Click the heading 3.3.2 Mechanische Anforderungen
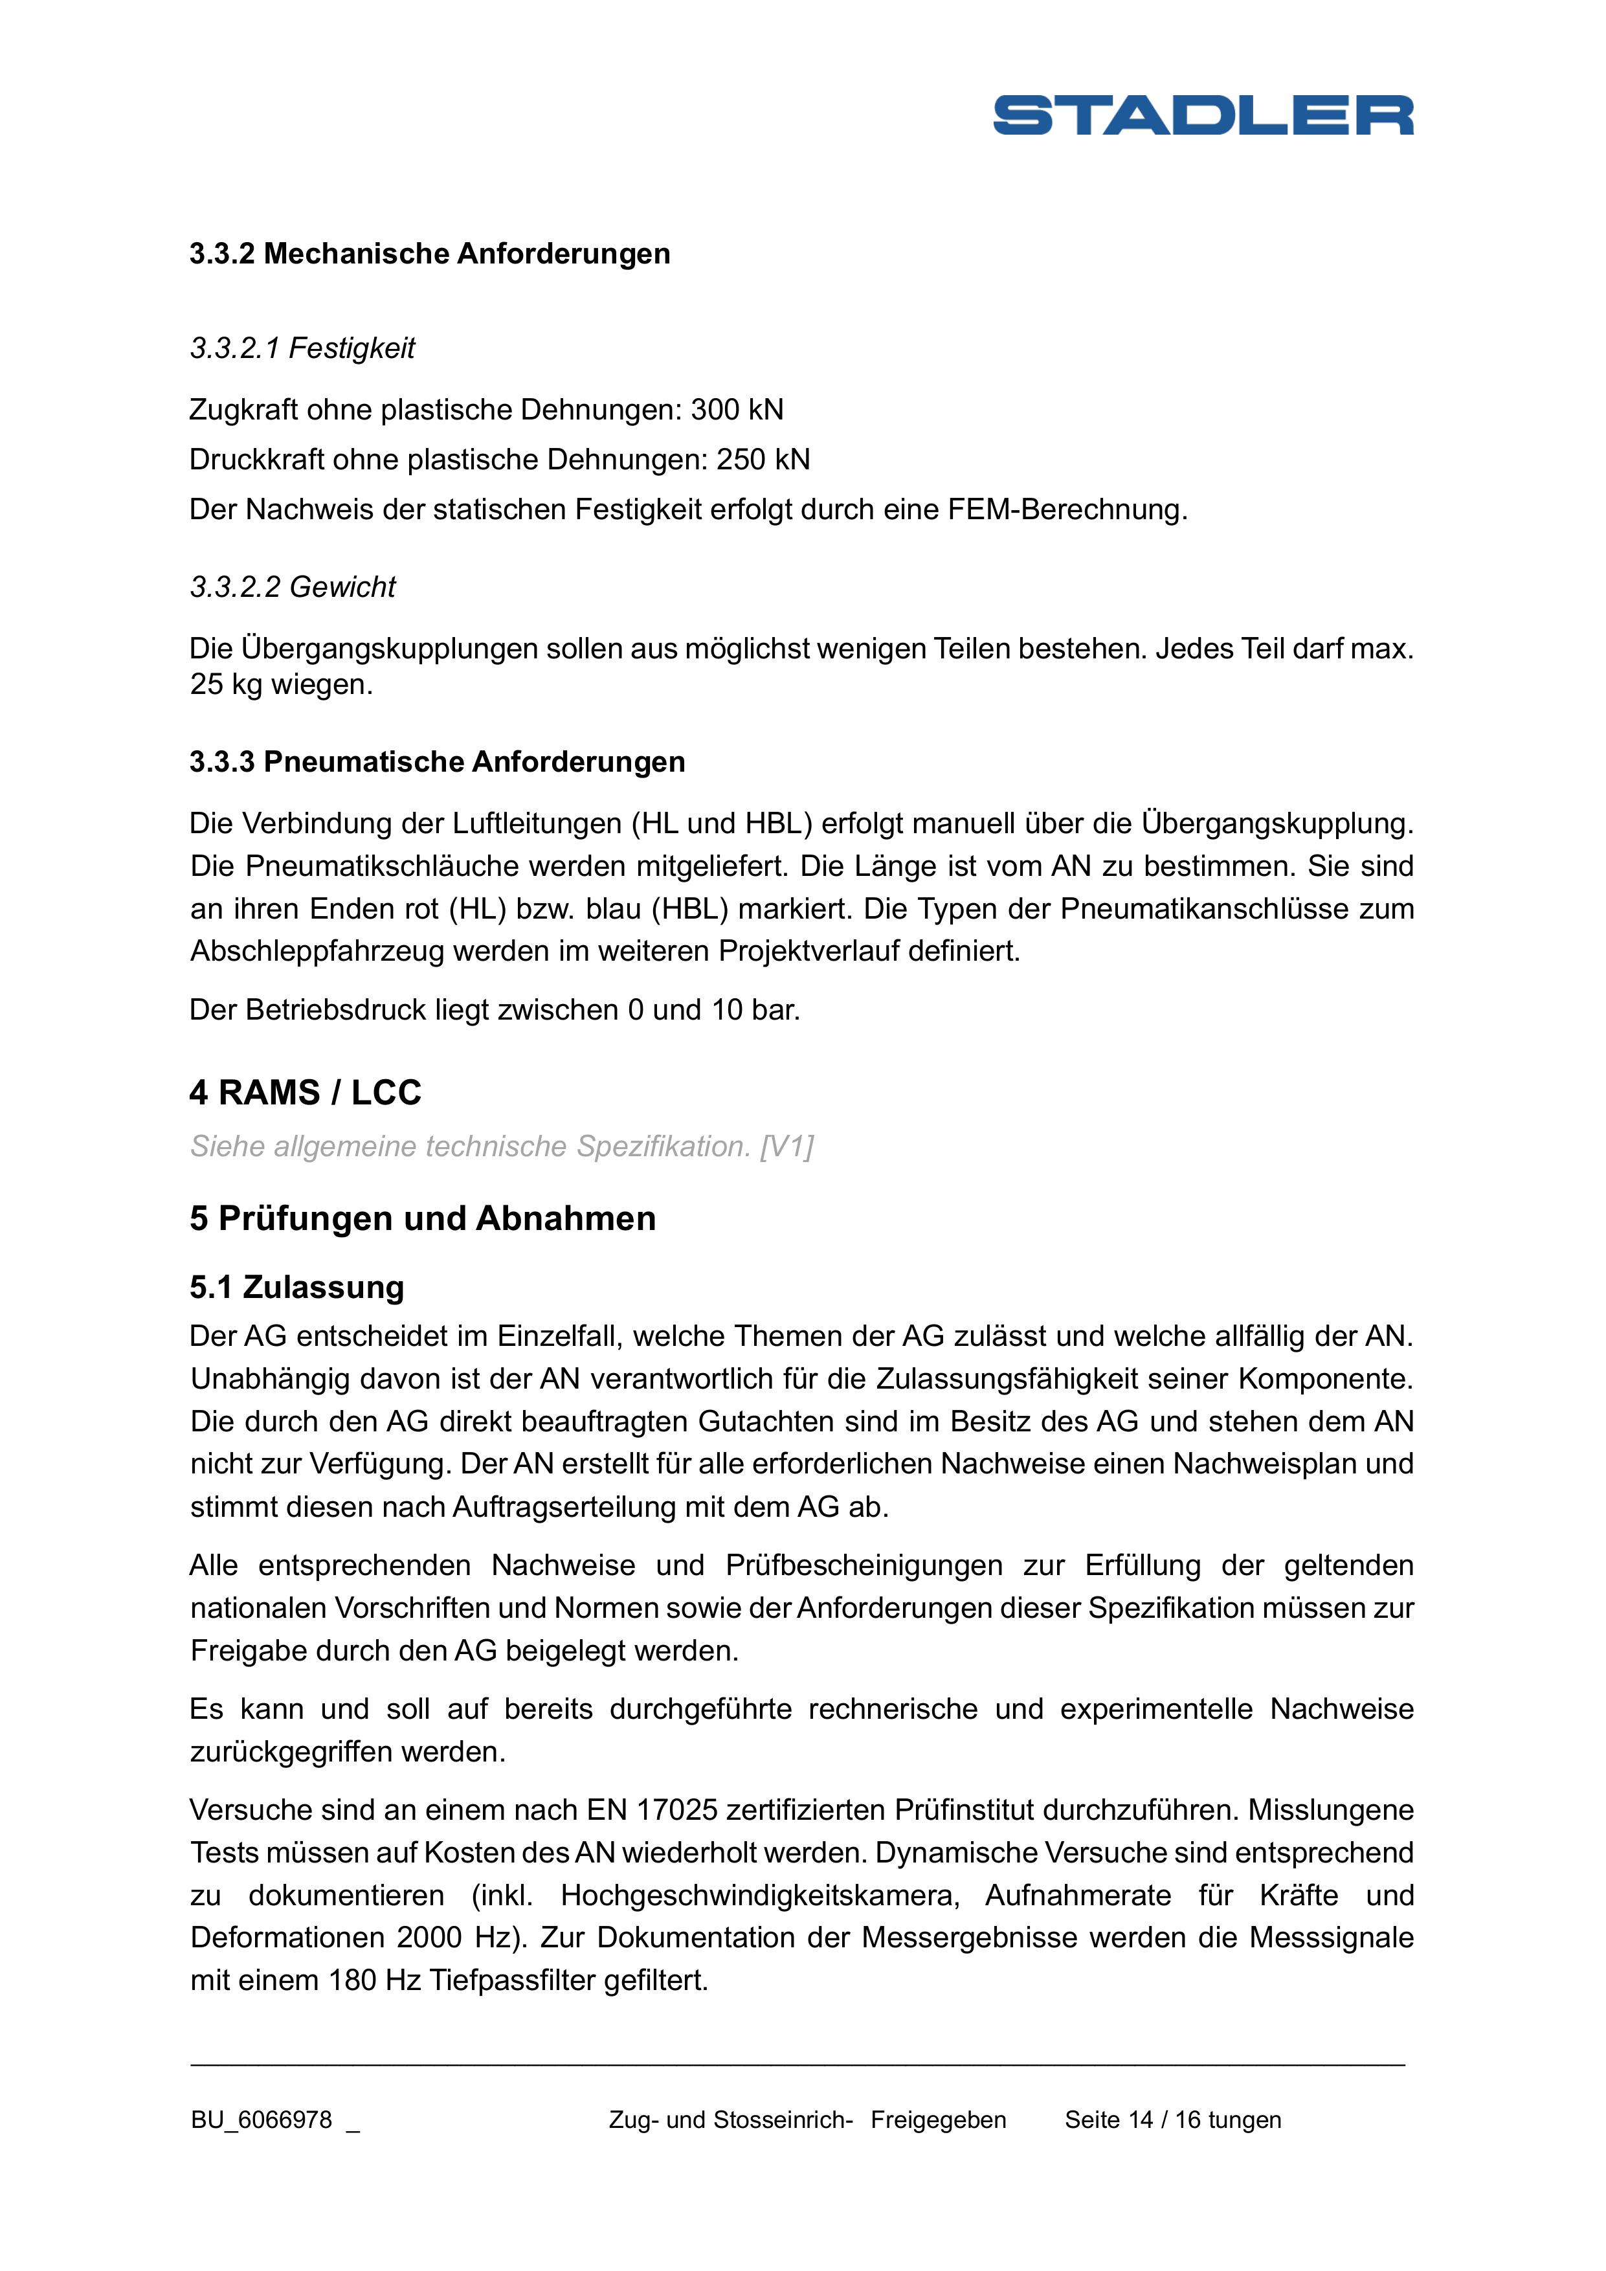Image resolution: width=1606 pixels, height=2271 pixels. tap(429, 254)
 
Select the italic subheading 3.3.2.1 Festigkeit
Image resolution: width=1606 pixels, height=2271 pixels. tap(302, 348)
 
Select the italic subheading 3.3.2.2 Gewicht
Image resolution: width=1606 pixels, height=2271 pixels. tap(293, 588)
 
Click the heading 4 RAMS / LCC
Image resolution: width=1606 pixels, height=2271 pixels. tap(306, 1093)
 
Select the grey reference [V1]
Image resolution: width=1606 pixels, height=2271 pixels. tap(786, 1147)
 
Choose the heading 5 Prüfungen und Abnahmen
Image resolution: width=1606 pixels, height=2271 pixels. tap(422, 1218)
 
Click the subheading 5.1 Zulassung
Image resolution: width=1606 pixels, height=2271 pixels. tap(296, 1288)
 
